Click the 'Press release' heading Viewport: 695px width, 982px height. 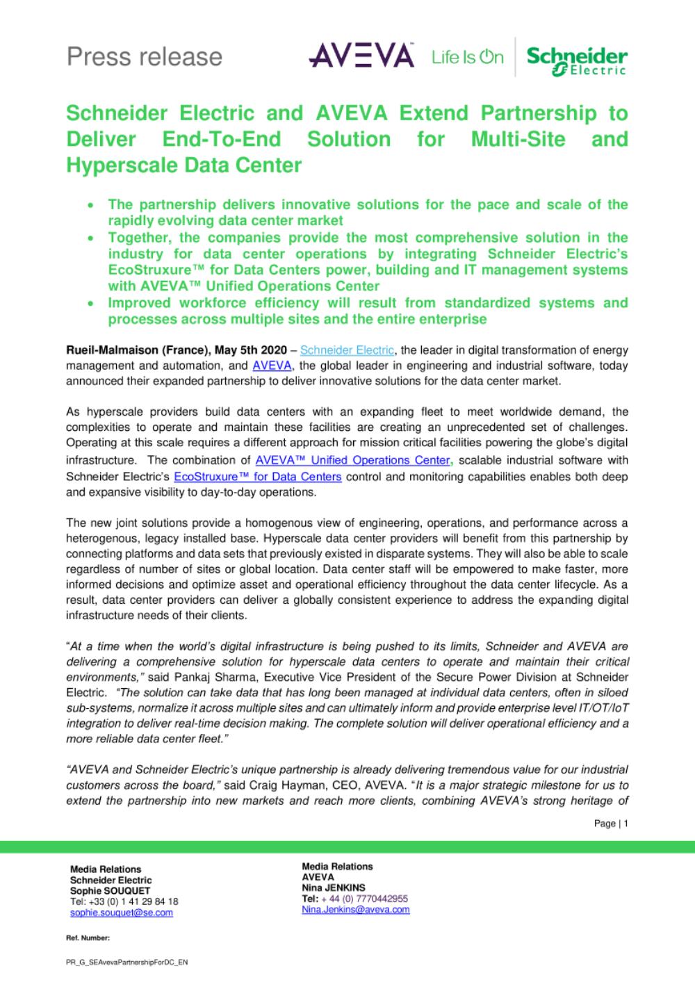point(145,56)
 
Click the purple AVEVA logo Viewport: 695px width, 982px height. point(361,56)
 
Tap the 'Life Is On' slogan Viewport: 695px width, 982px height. point(467,57)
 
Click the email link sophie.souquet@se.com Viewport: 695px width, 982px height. point(122,913)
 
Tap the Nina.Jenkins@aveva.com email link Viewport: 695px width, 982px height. point(355,909)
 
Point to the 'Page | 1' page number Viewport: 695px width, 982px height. point(612,824)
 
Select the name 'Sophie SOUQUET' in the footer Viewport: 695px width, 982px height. point(110,890)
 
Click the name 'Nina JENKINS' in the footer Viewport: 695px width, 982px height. point(333,887)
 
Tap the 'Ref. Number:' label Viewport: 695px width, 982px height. point(88,938)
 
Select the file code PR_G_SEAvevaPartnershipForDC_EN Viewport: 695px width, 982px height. point(126,963)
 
